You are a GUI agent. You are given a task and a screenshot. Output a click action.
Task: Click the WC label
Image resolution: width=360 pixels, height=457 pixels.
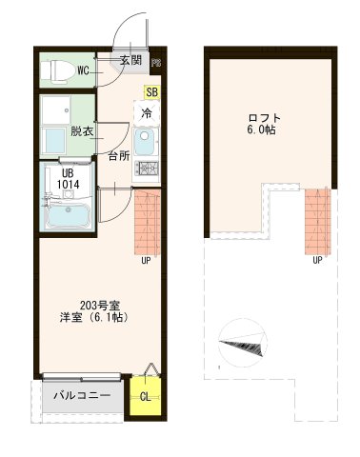(84, 70)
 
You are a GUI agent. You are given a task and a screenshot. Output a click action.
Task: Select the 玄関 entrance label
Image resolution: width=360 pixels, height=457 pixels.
(130, 61)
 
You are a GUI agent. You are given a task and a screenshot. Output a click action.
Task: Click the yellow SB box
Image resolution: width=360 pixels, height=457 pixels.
(151, 92)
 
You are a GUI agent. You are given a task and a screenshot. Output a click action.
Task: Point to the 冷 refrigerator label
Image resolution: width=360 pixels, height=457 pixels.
(147, 111)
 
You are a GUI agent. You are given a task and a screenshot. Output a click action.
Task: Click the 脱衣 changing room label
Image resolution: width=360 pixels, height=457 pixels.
(82, 131)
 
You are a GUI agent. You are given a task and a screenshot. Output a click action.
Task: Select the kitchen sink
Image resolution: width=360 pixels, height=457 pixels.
(147, 143)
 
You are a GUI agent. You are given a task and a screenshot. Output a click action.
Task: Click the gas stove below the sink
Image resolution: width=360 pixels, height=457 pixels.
(148, 169)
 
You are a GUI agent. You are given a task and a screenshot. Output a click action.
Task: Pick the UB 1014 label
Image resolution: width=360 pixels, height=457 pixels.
(66, 178)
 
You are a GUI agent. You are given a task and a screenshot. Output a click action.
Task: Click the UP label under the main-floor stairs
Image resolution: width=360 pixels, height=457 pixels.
(146, 259)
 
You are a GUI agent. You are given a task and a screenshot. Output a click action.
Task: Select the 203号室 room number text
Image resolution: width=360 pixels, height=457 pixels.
(84, 304)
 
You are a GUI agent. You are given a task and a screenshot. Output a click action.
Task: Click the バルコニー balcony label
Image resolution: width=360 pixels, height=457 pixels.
(82, 395)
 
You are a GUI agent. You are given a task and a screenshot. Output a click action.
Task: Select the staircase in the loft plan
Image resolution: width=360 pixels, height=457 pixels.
(317, 220)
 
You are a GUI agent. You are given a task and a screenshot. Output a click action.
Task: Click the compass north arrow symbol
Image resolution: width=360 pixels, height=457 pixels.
(244, 344)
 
